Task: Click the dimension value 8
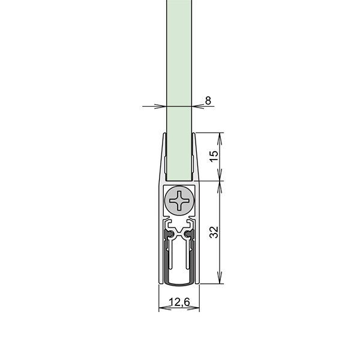(x=208, y=101)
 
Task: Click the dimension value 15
(x=214, y=156)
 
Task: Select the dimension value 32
(x=214, y=232)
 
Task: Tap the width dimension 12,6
(x=179, y=302)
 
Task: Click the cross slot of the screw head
(x=179, y=200)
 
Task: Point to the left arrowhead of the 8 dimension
(x=160, y=106)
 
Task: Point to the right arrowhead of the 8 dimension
(x=198, y=106)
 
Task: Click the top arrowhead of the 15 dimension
(x=220, y=139)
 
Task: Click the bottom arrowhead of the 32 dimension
(x=220, y=278)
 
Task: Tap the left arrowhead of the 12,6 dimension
(x=165, y=308)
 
